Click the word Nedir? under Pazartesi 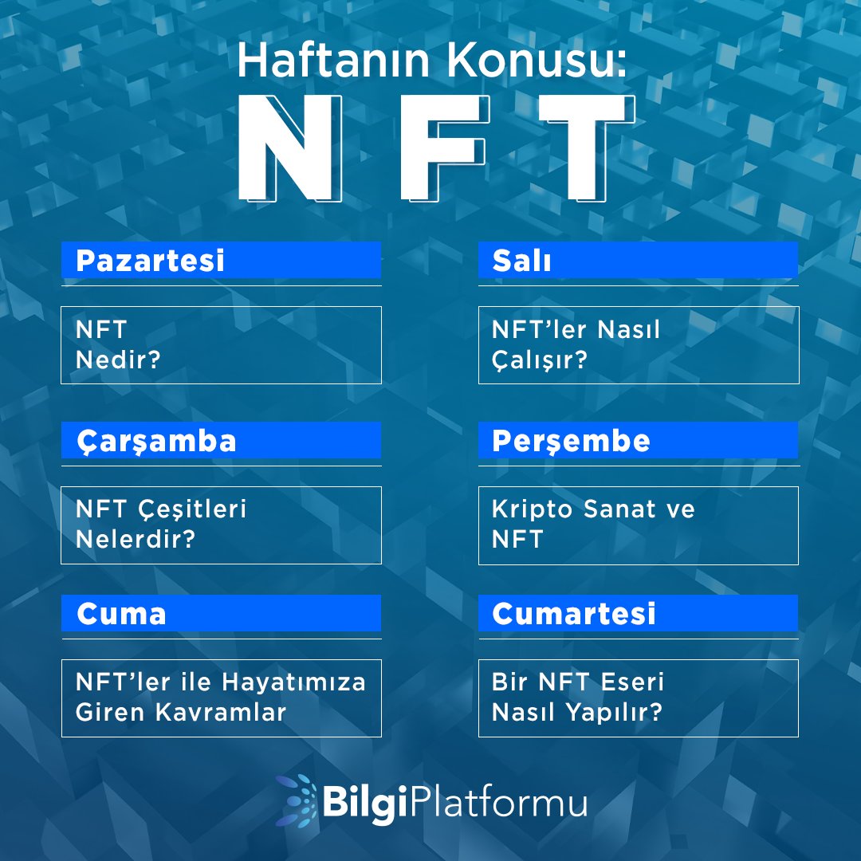point(118,360)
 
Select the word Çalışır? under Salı point(539,360)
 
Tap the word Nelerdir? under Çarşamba point(136,540)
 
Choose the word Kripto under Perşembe point(533,509)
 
